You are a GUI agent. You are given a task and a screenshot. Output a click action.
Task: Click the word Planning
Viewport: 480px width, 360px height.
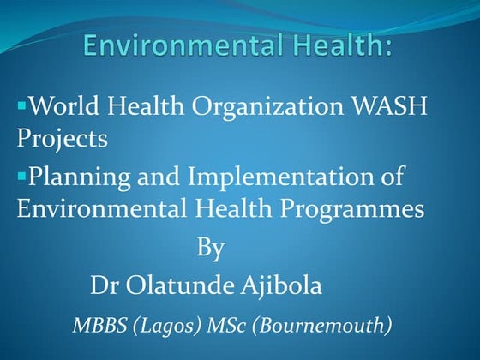(x=76, y=179)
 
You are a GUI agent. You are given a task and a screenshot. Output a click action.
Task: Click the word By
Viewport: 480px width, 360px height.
(x=210, y=249)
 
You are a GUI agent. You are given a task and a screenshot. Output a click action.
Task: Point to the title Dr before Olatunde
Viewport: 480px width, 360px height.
(x=103, y=285)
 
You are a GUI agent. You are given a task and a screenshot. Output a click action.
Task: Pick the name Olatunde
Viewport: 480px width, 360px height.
(x=177, y=285)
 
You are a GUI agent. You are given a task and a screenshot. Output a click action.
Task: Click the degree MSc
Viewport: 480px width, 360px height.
(x=232, y=325)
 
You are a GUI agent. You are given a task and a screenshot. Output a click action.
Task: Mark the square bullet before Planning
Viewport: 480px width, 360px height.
(x=21, y=176)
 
